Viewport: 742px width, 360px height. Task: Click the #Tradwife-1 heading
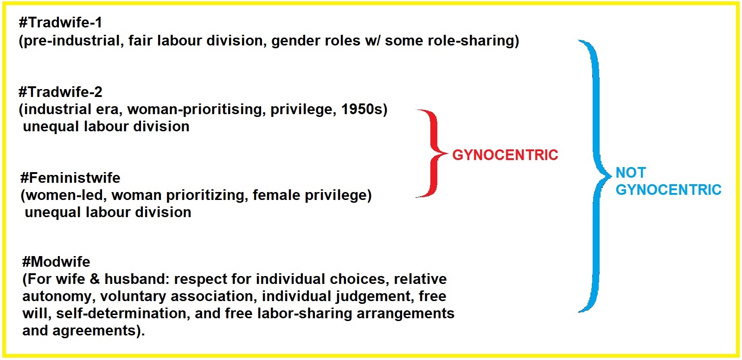click(x=60, y=23)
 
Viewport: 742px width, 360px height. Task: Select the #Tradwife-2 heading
click(x=60, y=92)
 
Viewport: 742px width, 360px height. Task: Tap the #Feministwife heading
click(x=70, y=178)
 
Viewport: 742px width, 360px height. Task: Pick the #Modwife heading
click(x=56, y=262)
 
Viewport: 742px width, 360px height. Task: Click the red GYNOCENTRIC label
click(x=505, y=155)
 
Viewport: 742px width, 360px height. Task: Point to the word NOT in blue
click(x=631, y=173)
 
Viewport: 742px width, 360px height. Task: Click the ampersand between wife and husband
click(x=95, y=279)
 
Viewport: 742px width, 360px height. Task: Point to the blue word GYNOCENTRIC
click(x=668, y=190)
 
